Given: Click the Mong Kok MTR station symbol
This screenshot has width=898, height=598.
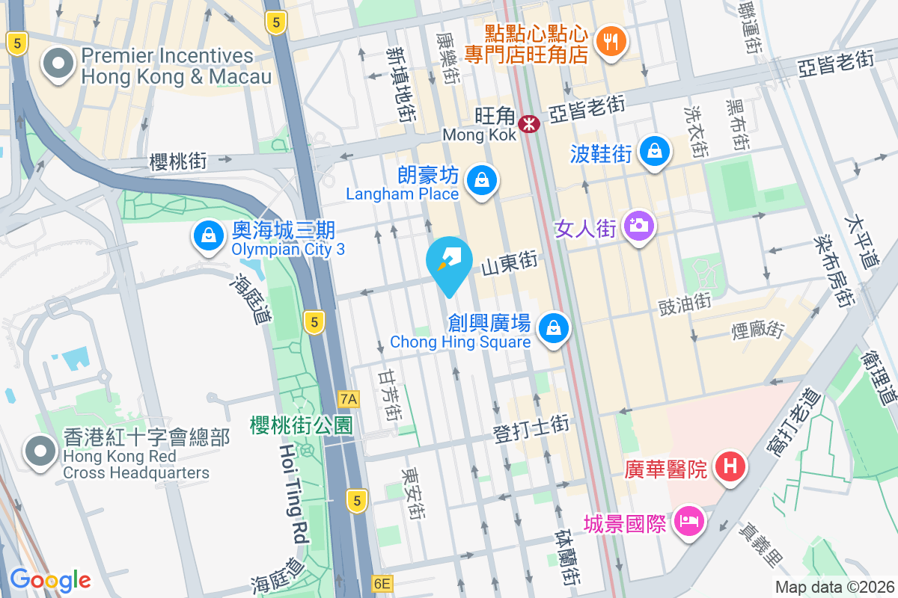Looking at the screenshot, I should (x=529, y=123).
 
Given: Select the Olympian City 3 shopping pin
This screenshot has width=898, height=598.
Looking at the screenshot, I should (x=209, y=236).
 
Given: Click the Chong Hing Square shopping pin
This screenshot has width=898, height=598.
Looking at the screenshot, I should (x=553, y=329).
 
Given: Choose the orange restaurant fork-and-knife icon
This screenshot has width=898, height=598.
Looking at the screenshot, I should (x=611, y=42).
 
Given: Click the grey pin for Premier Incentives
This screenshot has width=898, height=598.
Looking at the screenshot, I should (x=59, y=65).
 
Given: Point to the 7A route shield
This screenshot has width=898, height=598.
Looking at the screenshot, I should (x=348, y=399).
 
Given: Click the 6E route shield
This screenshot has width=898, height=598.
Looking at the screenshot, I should (x=382, y=583).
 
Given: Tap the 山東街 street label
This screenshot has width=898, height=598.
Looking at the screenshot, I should (x=510, y=262).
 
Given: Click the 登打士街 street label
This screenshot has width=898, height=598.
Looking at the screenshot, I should (x=531, y=426).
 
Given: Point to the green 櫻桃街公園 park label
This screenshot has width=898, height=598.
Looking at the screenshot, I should (x=301, y=426).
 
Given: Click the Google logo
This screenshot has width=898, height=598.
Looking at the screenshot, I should (x=50, y=579).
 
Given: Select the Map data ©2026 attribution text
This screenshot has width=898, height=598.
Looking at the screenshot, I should (x=833, y=587).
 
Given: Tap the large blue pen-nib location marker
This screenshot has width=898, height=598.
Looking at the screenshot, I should (x=449, y=265).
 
